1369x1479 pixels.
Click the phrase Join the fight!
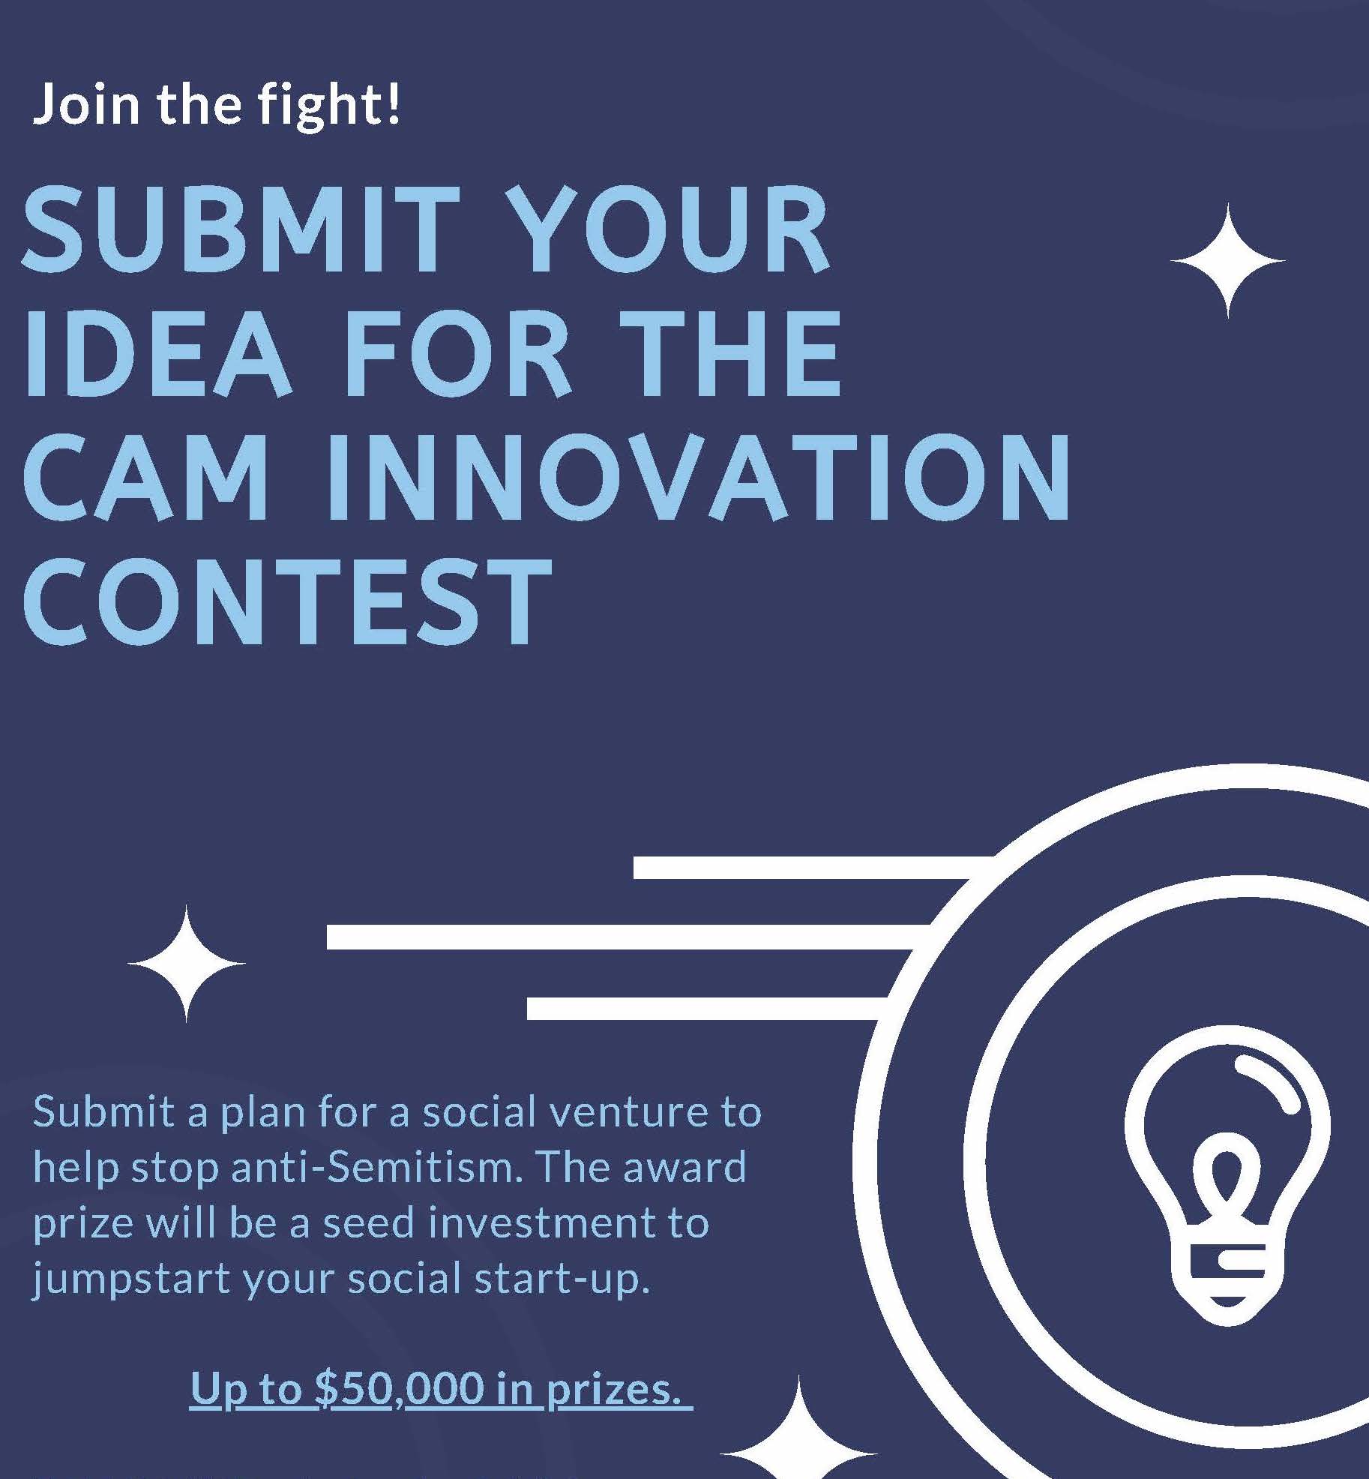tap(217, 105)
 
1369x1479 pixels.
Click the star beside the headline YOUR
tap(1227, 260)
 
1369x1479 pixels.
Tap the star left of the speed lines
tap(187, 963)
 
